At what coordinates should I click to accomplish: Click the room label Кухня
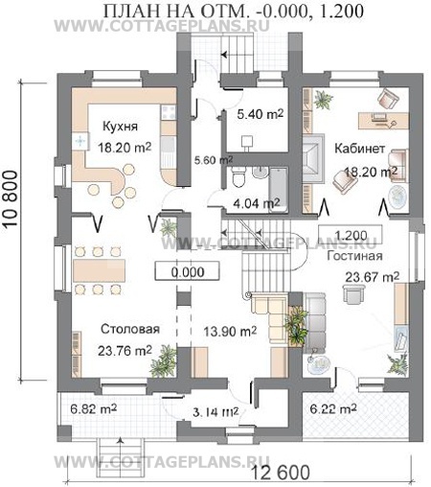[x=120, y=127]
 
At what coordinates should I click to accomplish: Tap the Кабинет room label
[x=359, y=149]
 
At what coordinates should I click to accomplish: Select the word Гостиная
[x=354, y=256]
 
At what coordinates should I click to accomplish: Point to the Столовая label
[x=130, y=329]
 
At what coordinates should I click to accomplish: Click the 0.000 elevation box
[x=188, y=271]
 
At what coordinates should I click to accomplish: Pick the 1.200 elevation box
[x=351, y=235]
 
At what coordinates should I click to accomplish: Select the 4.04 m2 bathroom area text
[x=257, y=203]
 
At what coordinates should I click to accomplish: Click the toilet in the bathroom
[x=238, y=176]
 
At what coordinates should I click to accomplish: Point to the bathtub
[x=278, y=190]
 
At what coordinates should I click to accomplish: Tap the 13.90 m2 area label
[x=230, y=332]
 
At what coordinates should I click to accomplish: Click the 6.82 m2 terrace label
[x=94, y=409]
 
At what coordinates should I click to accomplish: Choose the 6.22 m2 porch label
[x=333, y=409]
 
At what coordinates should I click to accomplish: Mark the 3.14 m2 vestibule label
[x=215, y=412]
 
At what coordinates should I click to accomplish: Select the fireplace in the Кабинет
[x=313, y=159]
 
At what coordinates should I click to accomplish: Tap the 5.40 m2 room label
[x=261, y=114]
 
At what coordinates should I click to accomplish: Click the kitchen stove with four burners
[x=169, y=112]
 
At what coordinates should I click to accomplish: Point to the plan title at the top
[x=234, y=12]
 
